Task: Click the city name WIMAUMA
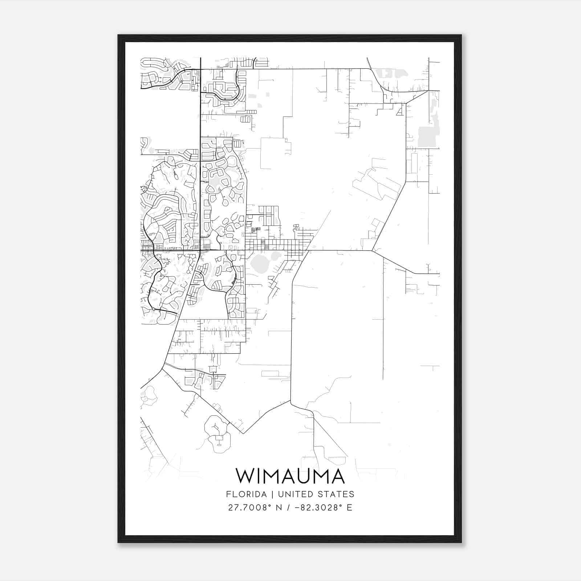coord(290,476)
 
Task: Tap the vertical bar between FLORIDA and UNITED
coord(268,494)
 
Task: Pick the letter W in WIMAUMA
coord(245,476)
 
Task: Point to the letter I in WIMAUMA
coord(259,476)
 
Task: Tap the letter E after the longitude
coord(349,507)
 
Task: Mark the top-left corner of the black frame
coord(118,35)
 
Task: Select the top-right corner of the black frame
coord(461,35)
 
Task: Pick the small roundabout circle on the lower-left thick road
coord(154,309)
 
